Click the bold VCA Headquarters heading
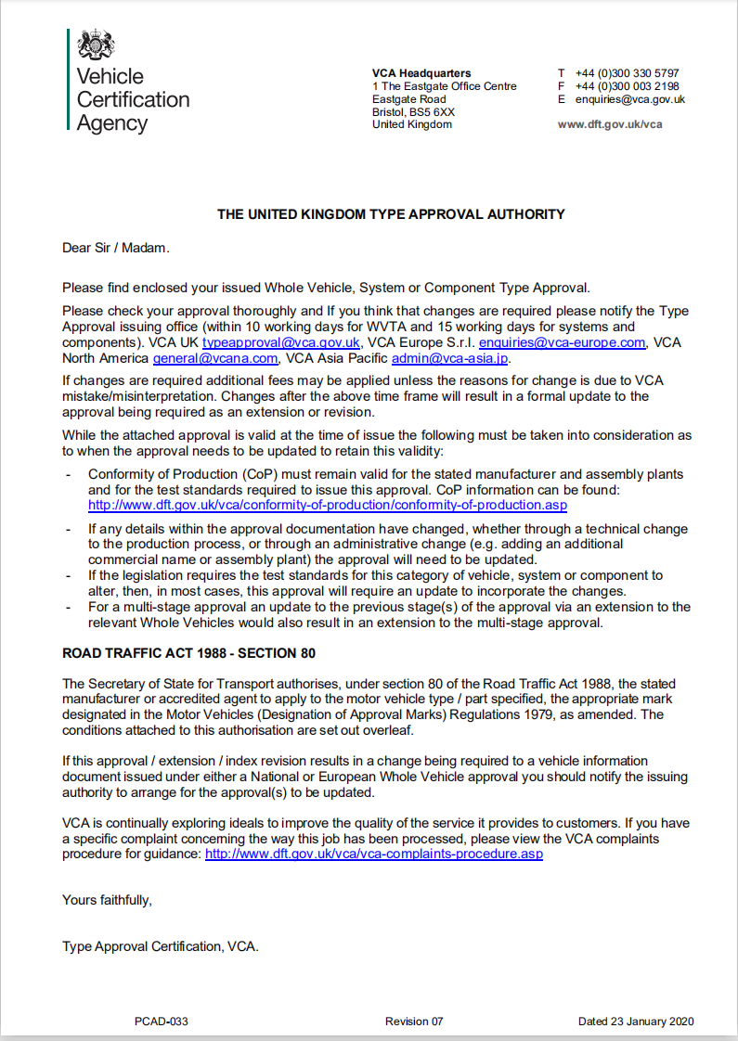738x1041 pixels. tap(421, 73)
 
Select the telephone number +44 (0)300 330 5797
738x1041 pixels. tap(627, 73)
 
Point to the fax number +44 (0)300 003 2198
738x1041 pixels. tap(627, 86)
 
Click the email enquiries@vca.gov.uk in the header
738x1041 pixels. tap(629, 99)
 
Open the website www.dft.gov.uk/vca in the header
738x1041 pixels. tap(610, 124)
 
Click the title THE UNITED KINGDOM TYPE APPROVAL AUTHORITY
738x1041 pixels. tap(391, 214)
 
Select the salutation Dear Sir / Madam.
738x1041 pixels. tap(116, 248)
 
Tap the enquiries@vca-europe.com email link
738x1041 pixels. tap(561, 342)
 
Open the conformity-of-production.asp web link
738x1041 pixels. tap(328, 506)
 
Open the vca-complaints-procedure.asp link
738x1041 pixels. tap(373, 854)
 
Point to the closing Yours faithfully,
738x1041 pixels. tap(107, 899)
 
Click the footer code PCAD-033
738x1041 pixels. tap(162, 1022)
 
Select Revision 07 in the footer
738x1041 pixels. tap(414, 1022)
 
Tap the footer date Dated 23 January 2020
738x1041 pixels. tap(636, 1022)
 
